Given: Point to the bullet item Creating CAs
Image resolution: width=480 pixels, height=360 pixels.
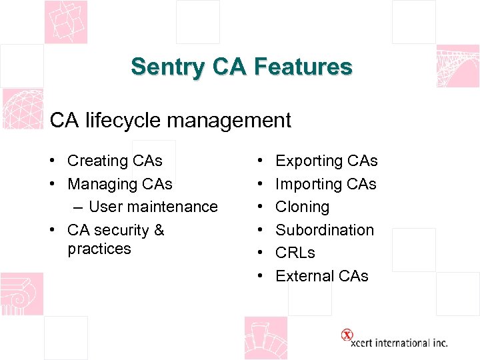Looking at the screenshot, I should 115,161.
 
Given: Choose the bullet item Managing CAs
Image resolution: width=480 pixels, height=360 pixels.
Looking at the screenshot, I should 120,184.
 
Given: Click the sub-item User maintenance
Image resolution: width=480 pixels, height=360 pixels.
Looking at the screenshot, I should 153,207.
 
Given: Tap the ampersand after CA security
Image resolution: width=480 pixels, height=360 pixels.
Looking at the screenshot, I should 159,230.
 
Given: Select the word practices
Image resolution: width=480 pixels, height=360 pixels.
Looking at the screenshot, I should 99,249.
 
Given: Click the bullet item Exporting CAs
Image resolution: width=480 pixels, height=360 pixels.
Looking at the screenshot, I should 326,161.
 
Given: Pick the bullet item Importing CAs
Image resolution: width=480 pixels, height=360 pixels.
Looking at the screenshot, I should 326,184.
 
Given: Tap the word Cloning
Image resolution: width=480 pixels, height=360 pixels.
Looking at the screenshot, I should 302,207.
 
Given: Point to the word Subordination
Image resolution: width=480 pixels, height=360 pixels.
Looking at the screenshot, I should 325,230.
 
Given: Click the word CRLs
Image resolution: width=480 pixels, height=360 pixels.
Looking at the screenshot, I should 295,253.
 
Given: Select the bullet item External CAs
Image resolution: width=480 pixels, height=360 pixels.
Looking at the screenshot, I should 322,276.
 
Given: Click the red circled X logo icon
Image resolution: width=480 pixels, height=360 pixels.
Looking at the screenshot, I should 347,335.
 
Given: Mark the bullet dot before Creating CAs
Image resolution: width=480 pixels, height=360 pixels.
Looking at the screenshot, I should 51,161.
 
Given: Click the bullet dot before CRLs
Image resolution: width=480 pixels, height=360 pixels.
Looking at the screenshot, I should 259,253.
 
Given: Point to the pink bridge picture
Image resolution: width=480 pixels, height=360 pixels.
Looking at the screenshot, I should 457,66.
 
